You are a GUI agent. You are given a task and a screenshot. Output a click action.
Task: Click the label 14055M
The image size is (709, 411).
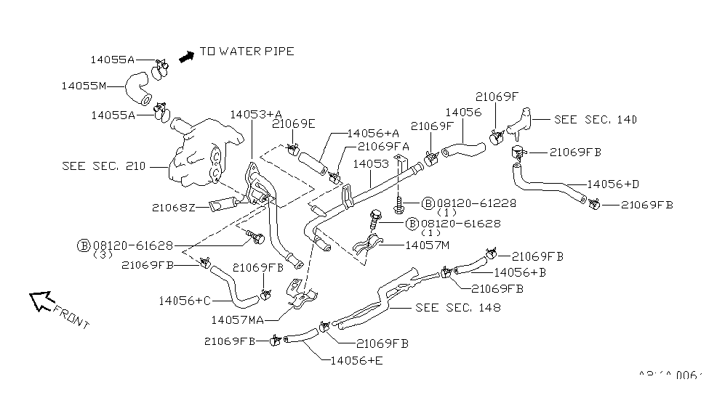pyautogui.click(x=84, y=86)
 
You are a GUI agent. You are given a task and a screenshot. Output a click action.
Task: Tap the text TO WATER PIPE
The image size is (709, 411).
pyautogui.click(x=247, y=52)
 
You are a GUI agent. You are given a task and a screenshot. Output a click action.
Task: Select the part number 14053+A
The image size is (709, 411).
pyautogui.click(x=255, y=114)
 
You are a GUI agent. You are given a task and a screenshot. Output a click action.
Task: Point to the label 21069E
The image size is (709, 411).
pyautogui.click(x=293, y=123)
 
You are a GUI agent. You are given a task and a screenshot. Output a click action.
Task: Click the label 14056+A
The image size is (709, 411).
pyautogui.click(x=373, y=133)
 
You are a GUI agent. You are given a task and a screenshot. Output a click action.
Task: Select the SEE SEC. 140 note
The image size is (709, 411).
pyautogui.click(x=596, y=119)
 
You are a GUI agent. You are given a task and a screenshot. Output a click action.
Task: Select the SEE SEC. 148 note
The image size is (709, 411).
pyautogui.click(x=457, y=307)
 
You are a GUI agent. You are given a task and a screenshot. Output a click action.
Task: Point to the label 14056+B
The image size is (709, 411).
pyautogui.click(x=519, y=272)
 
